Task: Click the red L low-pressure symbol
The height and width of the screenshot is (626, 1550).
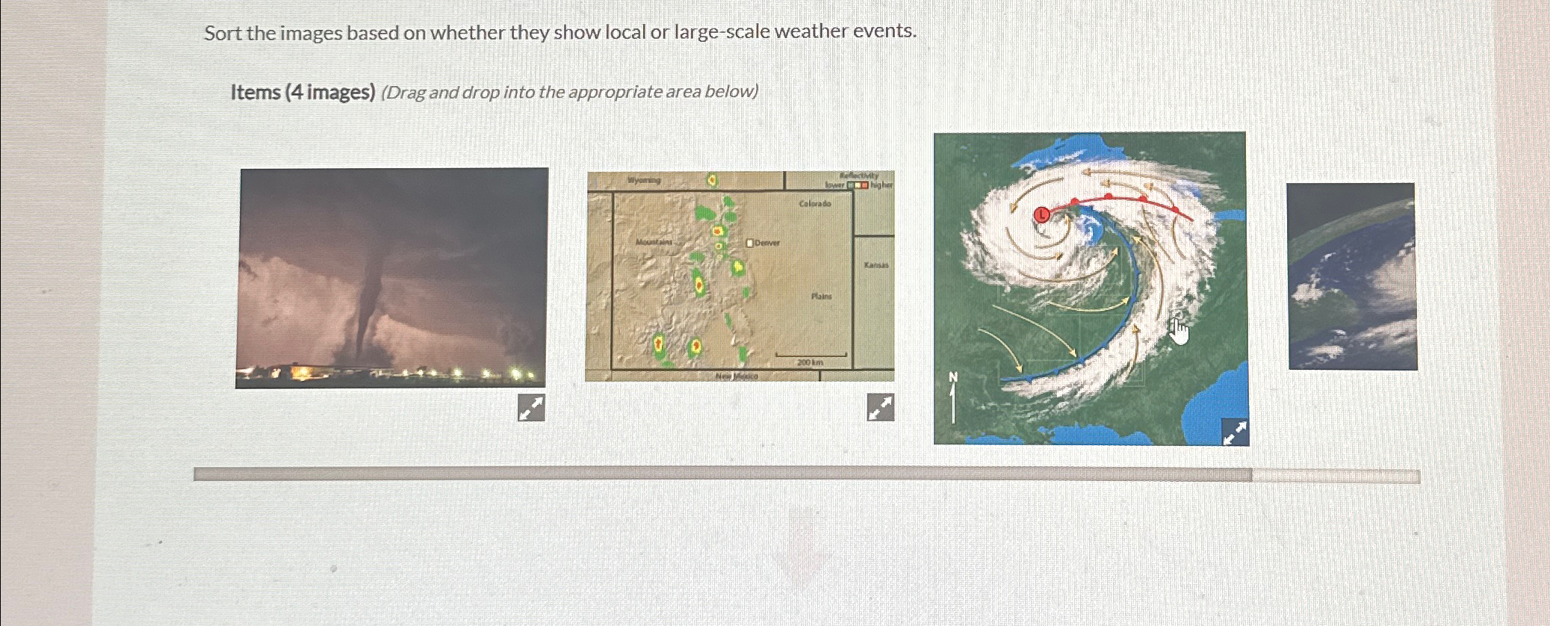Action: (1041, 215)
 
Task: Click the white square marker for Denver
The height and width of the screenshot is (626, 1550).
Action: (750, 243)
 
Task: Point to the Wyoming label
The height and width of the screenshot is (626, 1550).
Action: (644, 180)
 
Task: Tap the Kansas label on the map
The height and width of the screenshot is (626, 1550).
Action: (876, 265)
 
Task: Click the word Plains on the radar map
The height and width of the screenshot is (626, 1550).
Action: (822, 297)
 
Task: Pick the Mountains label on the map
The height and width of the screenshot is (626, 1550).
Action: (654, 242)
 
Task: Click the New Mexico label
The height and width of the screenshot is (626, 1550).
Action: (737, 376)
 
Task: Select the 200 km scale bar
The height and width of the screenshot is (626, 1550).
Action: (810, 356)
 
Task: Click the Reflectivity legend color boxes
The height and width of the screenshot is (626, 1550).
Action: (858, 185)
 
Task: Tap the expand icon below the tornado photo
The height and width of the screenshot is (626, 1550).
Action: (531, 408)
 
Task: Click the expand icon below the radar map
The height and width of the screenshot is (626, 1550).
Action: (881, 408)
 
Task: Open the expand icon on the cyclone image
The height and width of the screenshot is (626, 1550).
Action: (1235, 432)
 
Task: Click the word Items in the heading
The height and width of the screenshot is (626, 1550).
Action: (255, 93)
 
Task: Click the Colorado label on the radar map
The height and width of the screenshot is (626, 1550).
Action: (814, 203)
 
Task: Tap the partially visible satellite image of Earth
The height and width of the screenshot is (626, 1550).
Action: (1352, 276)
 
